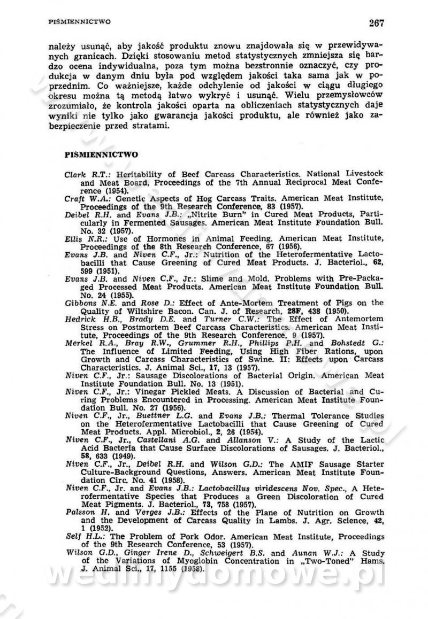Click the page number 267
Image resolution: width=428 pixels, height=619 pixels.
(376, 22)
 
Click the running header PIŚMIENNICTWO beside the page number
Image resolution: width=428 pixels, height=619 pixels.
(79, 22)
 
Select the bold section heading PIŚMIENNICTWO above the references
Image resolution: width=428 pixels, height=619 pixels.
(101, 155)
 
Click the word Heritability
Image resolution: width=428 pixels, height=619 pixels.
(132, 174)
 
